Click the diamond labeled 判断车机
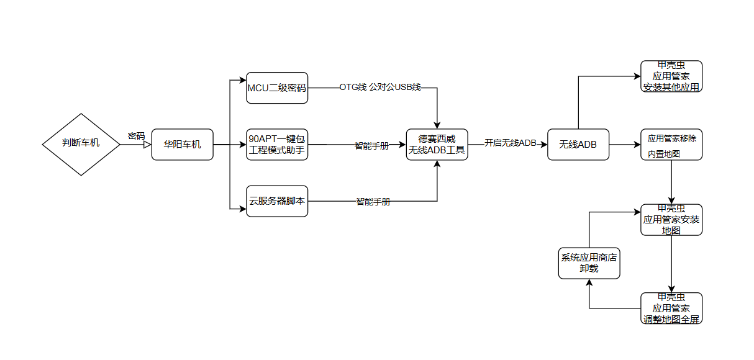coord(81,144)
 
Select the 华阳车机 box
coord(182,145)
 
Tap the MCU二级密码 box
coord(277,88)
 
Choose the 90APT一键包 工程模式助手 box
coord(277,145)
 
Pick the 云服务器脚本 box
coord(277,201)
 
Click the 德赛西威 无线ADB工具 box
coord(437,145)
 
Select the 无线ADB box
coord(578,145)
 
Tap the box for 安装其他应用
coord(671,76)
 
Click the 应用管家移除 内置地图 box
coord(671,145)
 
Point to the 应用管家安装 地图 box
coord(671,220)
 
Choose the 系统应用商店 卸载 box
coord(589,263)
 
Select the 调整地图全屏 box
coord(671,308)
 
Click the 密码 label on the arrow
coord(136,135)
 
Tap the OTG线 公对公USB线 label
coord(380,88)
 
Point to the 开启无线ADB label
coord(511,143)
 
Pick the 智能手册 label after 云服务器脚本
coord(373,202)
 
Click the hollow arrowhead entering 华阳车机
coord(148,145)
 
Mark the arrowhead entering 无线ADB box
coord(543,145)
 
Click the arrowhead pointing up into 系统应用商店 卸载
coord(589,282)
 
